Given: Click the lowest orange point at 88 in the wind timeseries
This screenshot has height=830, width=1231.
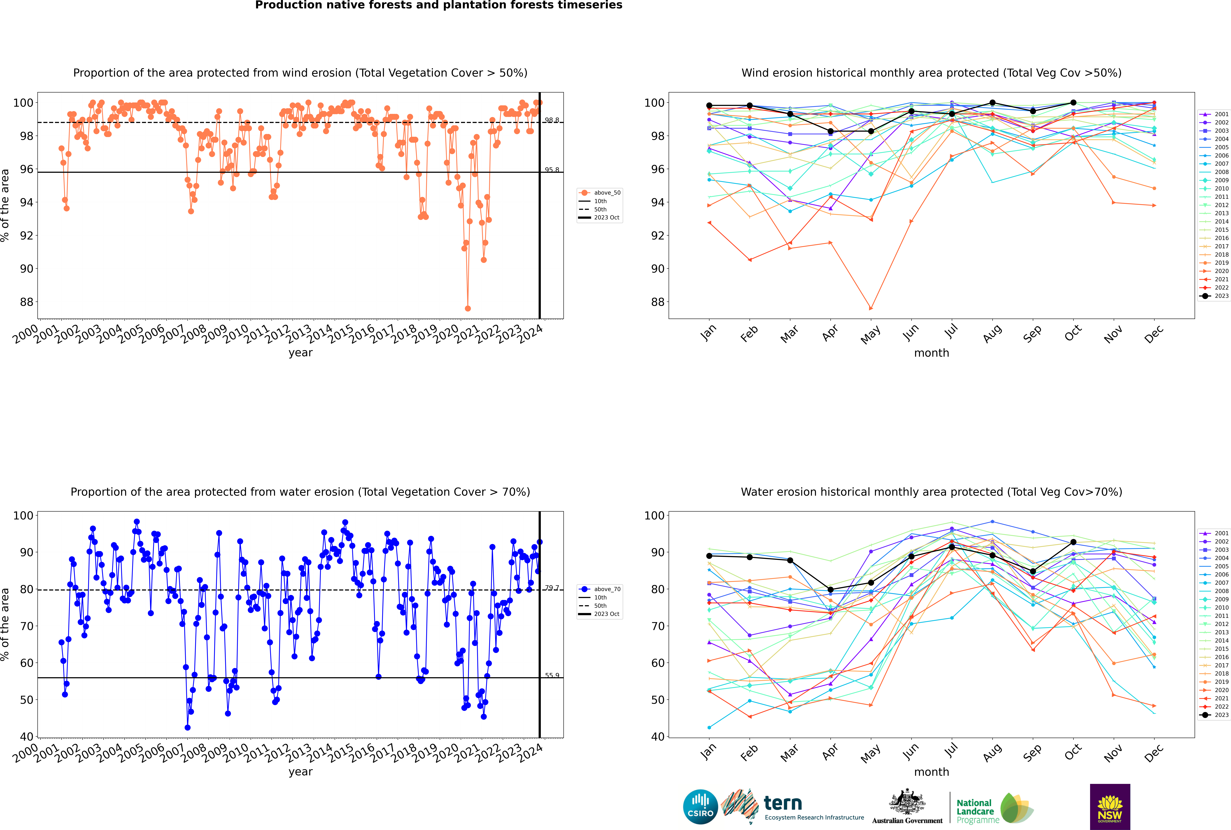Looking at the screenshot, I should [467, 308].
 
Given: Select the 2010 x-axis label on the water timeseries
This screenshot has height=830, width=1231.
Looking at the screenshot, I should [235, 753].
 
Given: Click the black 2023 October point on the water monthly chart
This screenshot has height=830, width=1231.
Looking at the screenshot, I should [1073, 542].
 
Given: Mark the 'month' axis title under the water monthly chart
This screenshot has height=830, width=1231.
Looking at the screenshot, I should [931, 772].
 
